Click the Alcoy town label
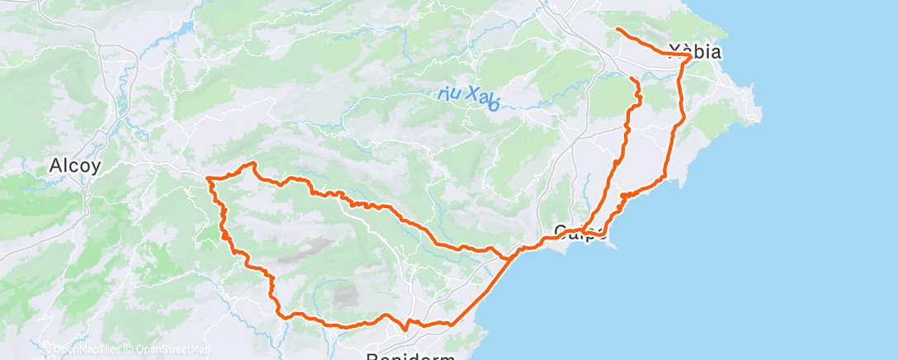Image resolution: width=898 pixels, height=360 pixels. tap(75, 165)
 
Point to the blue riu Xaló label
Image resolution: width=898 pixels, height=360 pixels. tap(470, 97)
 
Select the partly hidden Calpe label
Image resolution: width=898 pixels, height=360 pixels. tap(579, 230)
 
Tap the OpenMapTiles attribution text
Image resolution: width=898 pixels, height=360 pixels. tap(87, 349)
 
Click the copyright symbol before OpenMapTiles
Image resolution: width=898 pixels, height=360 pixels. tap(47, 349)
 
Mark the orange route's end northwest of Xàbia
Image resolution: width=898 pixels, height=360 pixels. tap(617, 29)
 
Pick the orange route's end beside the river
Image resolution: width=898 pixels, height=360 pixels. tap(632, 78)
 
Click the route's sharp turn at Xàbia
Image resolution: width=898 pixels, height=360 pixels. tap(689, 56)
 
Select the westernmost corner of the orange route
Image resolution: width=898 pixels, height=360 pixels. tap(207, 178)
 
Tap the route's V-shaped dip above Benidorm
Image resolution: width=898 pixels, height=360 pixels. tap(404, 329)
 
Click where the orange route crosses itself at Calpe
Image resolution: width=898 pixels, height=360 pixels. tap(584, 230)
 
